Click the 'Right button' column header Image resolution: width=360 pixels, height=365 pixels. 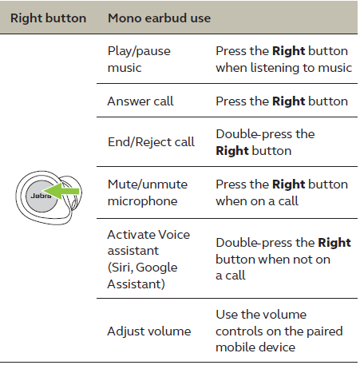[48, 17]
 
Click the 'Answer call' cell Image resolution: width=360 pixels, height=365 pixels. [140, 101]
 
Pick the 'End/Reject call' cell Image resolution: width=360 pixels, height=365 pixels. [151, 142]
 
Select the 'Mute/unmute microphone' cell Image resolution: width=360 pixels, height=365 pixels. [147, 192]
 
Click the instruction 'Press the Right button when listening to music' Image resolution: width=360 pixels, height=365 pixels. [283, 59]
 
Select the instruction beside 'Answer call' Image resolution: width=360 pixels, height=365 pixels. [281, 101]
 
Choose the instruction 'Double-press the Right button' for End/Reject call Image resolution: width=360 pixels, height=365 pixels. [265, 142]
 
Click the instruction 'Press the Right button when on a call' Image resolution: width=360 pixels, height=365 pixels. [281, 192]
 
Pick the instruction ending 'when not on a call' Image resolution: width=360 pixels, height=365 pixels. [283, 259]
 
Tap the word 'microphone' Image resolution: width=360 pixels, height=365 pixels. [142, 201]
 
